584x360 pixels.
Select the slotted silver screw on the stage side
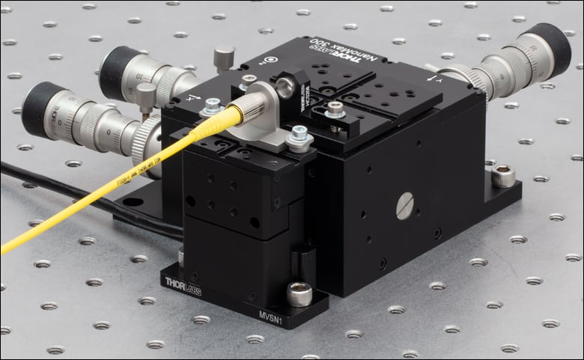pos(404,205)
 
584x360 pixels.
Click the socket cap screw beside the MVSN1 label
pos(299,294)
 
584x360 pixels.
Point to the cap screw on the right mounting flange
pos(502,176)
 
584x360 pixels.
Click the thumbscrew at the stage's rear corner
pos(223,57)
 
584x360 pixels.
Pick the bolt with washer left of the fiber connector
pos(213,106)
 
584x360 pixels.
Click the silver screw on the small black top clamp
pos(335,110)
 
